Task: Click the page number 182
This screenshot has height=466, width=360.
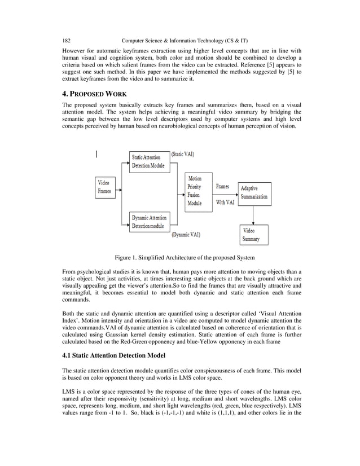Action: [x=66, y=41]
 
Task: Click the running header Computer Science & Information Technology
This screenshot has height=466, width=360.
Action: [x=185, y=41]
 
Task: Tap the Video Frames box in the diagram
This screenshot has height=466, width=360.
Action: [x=104, y=187]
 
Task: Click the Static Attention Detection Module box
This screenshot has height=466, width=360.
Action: [x=149, y=161]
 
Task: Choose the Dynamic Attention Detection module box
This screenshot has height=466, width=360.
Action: [x=149, y=222]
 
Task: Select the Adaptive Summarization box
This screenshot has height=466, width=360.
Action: [x=254, y=192]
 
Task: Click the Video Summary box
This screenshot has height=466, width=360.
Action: [x=253, y=235]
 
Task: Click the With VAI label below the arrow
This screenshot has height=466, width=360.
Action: [x=225, y=202]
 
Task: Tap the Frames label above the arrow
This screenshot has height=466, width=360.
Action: [x=222, y=186]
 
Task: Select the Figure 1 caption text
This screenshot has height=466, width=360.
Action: [x=185, y=258]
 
